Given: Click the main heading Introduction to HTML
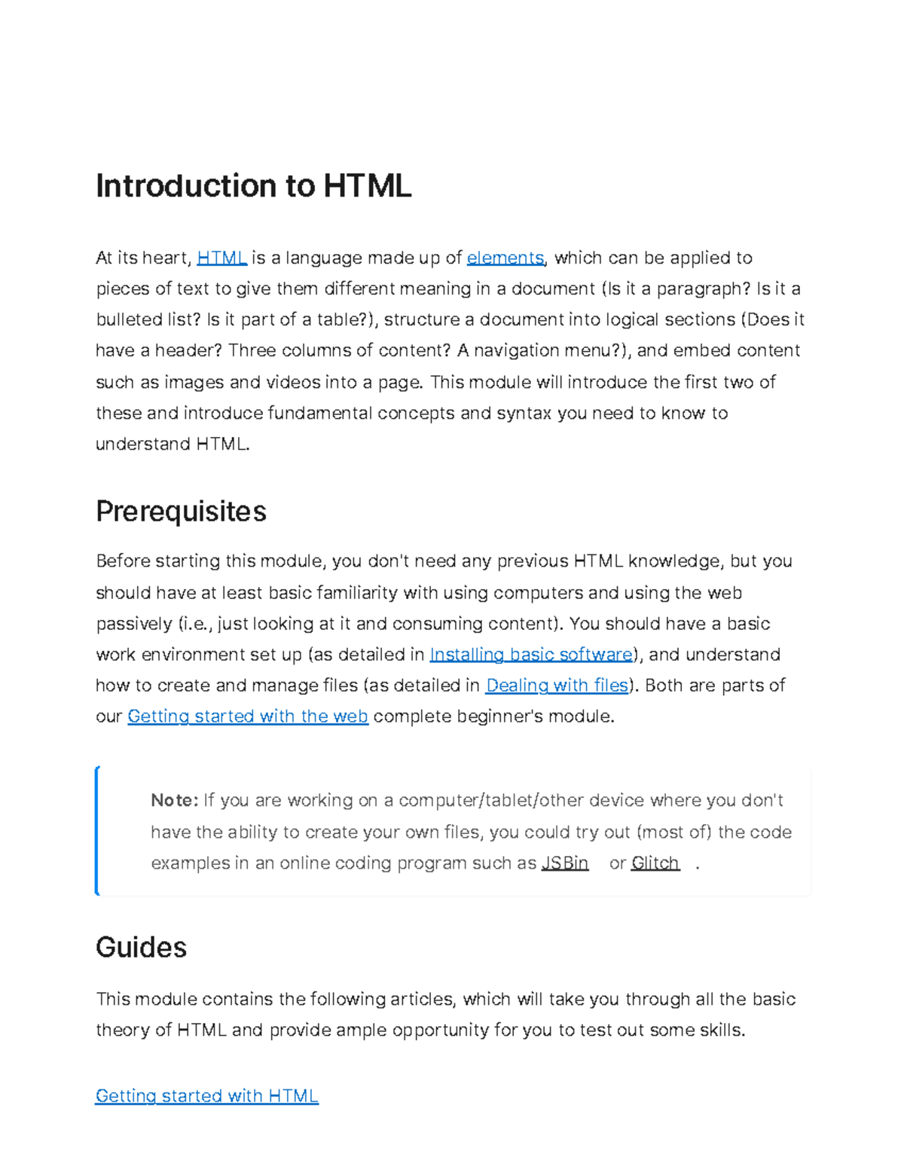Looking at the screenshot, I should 253,186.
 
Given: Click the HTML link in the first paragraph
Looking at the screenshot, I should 221,258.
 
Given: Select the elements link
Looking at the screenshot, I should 505,258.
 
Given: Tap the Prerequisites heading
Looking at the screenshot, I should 181,512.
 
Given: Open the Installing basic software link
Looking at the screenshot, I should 531,655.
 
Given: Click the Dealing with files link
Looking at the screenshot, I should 557,686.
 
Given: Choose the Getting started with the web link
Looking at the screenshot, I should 248,716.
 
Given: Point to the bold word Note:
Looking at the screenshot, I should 174,800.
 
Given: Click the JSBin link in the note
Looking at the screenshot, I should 564,863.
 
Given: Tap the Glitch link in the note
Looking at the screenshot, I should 655,863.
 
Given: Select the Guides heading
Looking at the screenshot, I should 141,947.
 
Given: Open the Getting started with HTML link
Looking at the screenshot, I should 207,1096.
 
